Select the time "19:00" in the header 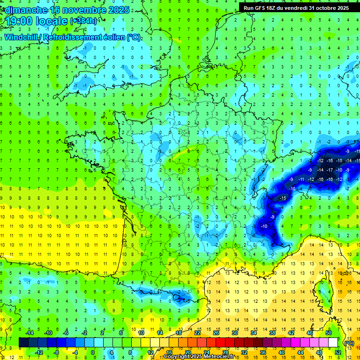click(18, 21)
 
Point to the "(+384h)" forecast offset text click(83, 21)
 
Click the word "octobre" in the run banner click(325, 7)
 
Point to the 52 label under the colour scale click(338, 352)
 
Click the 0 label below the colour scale click(93, 352)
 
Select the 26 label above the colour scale click(216, 333)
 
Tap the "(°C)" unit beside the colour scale click(348, 343)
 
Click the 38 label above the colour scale click(272, 333)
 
